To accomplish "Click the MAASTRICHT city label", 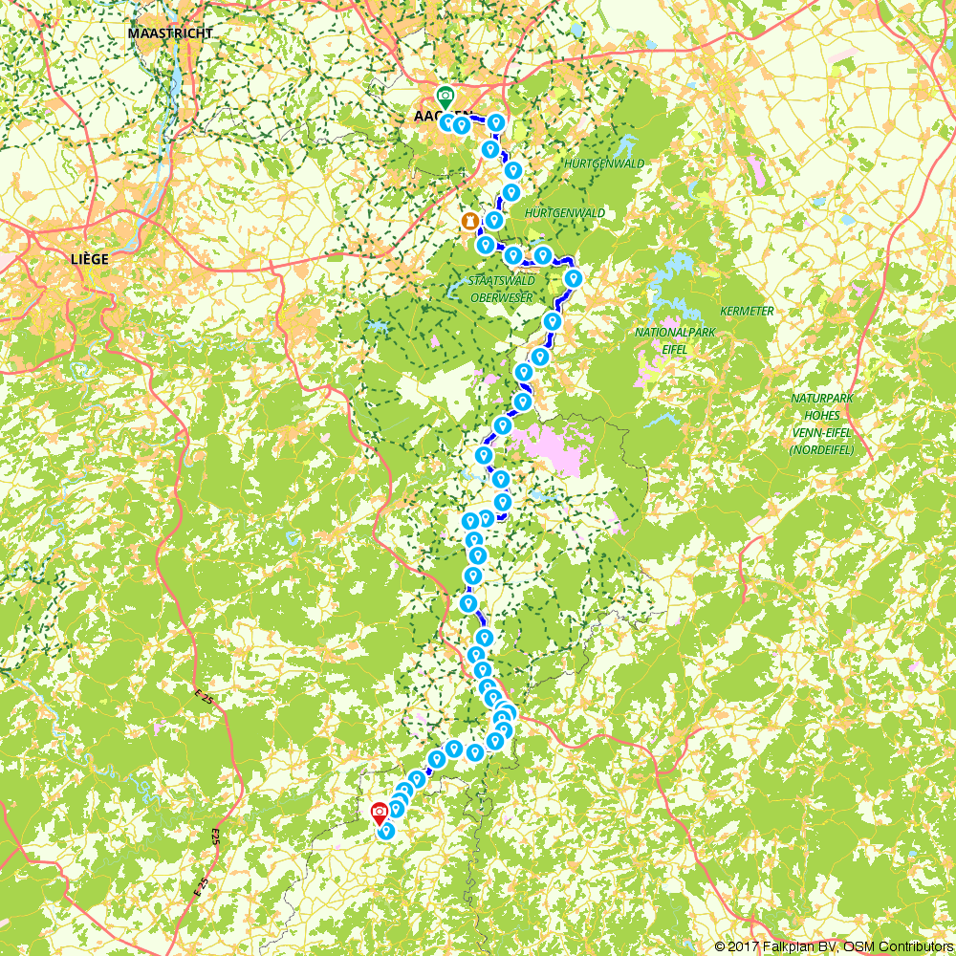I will coord(170,33).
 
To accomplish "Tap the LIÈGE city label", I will coord(90,259).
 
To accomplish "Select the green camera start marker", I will coord(445,96).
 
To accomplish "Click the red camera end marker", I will coord(380,813).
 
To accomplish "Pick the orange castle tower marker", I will coord(469,221).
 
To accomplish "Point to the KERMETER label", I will coord(747,312).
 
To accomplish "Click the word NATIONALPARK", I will coord(675,333).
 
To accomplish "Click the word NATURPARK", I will coord(820,398).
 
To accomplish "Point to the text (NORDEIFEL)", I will coord(820,449).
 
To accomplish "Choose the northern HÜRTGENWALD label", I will coord(604,163).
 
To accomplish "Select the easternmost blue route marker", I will coord(574,277).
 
